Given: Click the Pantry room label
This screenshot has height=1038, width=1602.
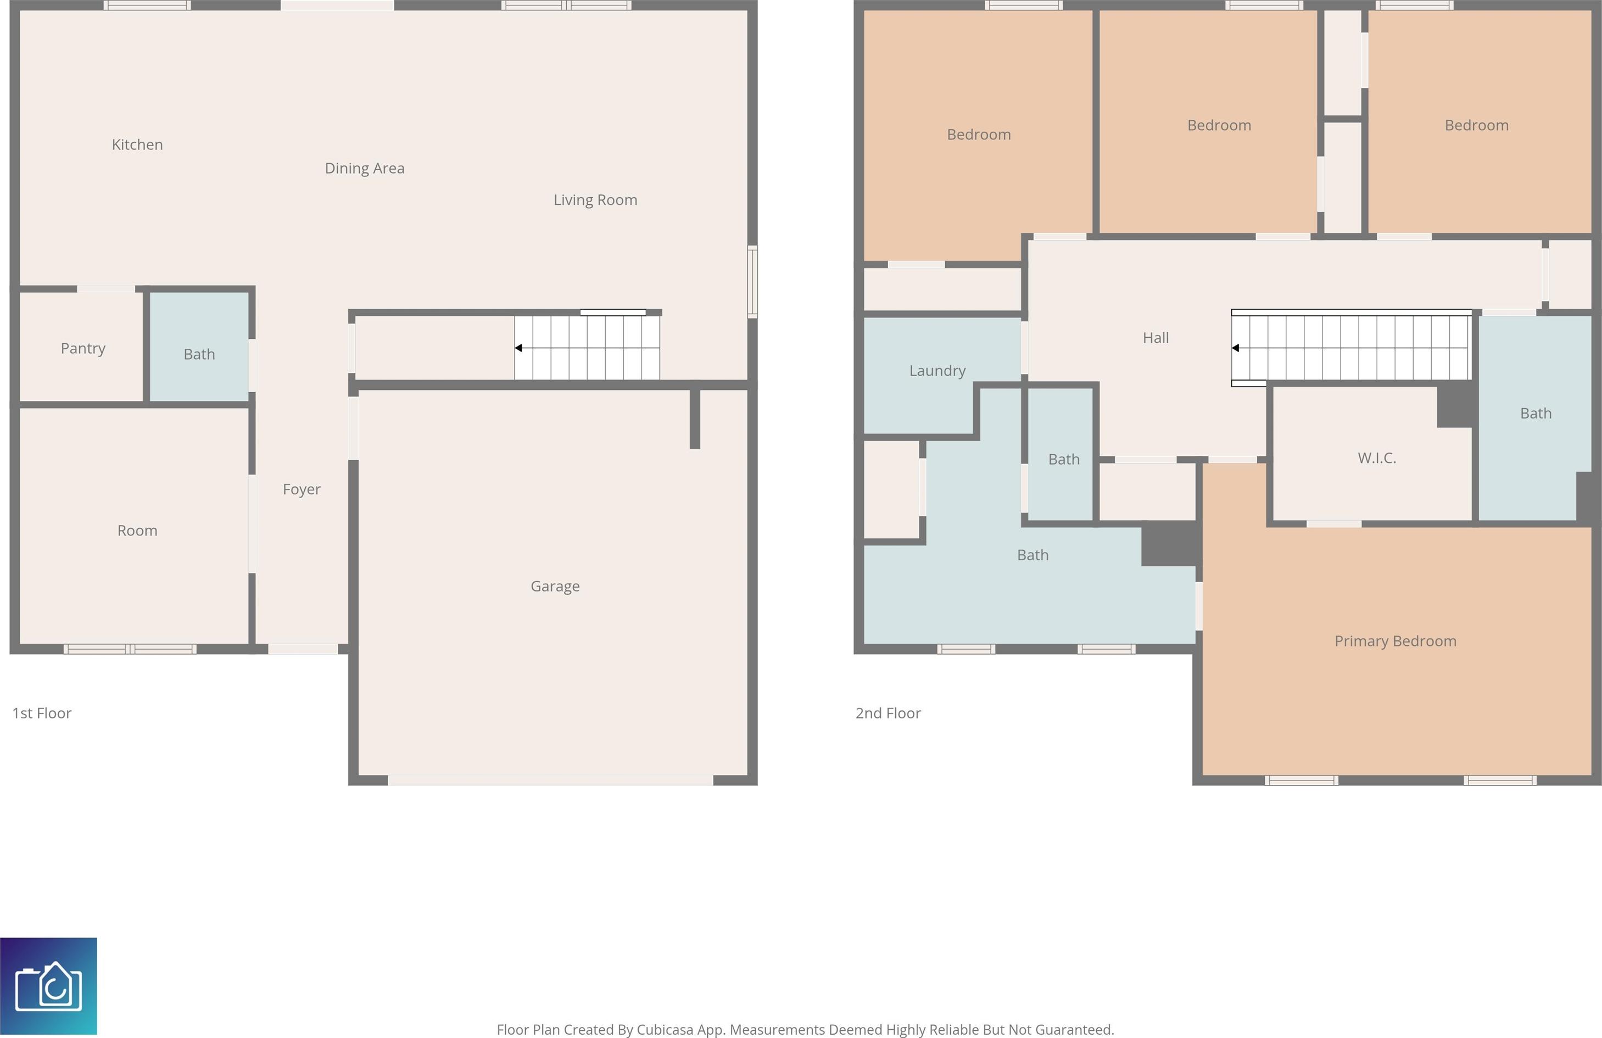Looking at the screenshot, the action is pyautogui.click(x=83, y=349).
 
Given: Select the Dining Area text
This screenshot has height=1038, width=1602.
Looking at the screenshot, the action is pyautogui.click(x=365, y=168).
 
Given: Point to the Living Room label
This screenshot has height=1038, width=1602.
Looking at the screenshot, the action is pyautogui.click(x=595, y=200).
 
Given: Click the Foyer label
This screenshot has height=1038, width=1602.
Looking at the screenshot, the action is pyautogui.click(x=302, y=489).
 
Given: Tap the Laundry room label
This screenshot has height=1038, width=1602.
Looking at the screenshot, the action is pyautogui.click(x=937, y=371).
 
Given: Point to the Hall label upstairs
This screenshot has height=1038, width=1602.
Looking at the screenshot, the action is pyautogui.click(x=1156, y=338).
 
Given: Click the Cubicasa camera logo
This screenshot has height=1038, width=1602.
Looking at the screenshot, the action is pyautogui.click(x=48, y=986).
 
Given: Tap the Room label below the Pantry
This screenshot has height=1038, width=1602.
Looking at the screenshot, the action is pyautogui.click(x=137, y=531).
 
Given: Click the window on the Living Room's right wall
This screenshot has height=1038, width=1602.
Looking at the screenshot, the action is pyautogui.click(x=752, y=281).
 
